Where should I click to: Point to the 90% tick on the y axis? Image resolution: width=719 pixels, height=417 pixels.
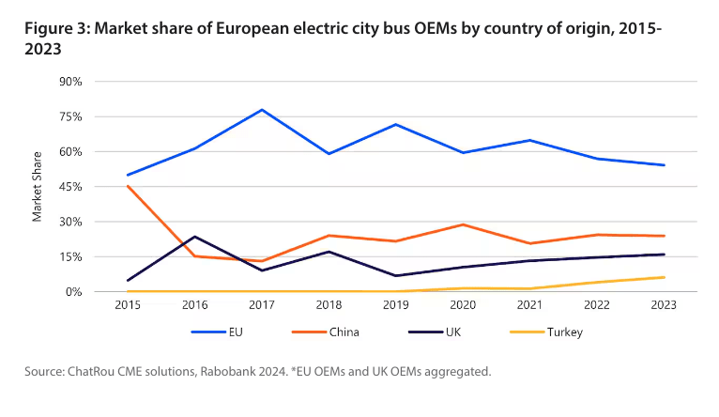pos(71,82)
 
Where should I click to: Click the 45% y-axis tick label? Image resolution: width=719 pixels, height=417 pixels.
pos(71,187)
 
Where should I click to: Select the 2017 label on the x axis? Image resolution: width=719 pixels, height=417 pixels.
pos(262,305)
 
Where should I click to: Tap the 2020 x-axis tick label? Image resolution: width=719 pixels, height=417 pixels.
pos(464,305)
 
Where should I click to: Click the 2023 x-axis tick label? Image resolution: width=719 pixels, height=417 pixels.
pos(665,305)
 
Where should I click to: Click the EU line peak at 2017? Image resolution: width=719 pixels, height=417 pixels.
pos(262,110)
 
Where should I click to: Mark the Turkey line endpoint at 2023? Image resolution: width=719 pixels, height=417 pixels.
pos(665,277)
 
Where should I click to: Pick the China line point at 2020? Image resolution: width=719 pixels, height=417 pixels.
pos(464,224)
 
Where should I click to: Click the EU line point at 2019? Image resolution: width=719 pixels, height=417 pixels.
pos(396,124)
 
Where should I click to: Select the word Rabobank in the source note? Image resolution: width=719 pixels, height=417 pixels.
pos(227,373)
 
